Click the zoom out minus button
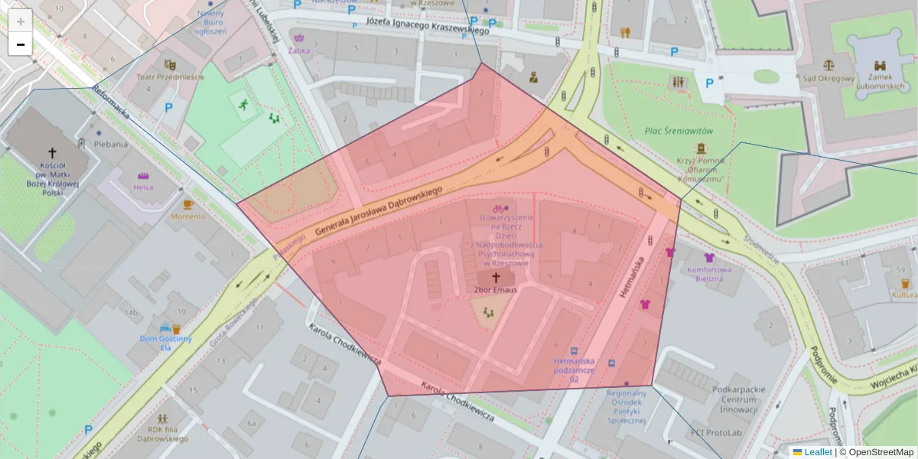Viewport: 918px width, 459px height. pos(21,44)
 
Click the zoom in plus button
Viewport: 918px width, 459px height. pos(21,21)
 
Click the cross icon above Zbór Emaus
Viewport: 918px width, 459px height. pos(495,277)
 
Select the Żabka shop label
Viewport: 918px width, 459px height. pos(299,50)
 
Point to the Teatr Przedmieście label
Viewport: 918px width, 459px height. pos(171,76)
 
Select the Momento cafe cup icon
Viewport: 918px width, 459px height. pos(188,204)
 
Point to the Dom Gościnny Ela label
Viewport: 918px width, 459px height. pos(166,342)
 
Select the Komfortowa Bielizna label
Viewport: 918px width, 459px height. pos(709,274)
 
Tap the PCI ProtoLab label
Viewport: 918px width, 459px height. pos(716,432)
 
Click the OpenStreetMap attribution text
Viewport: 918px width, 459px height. pos(879,452)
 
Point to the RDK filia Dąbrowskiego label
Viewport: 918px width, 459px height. pos(162,435)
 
